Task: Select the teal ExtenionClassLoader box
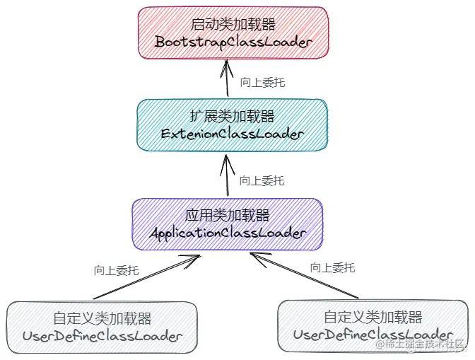point(232,124)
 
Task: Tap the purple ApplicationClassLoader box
point(228,223)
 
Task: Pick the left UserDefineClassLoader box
point(102,326)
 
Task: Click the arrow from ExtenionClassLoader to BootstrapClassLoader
point(228,79)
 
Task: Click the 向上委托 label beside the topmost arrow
point(262,82)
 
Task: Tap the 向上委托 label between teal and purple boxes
point(262,181)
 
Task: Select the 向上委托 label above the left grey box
point(116,270)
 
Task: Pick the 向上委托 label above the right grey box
point(333,268)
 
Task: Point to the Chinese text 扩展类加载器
point(232,116)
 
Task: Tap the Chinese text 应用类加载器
point(228,215)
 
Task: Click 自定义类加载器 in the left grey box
point(102,318)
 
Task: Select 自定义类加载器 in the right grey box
point(373,317)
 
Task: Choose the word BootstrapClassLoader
point(233,42)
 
